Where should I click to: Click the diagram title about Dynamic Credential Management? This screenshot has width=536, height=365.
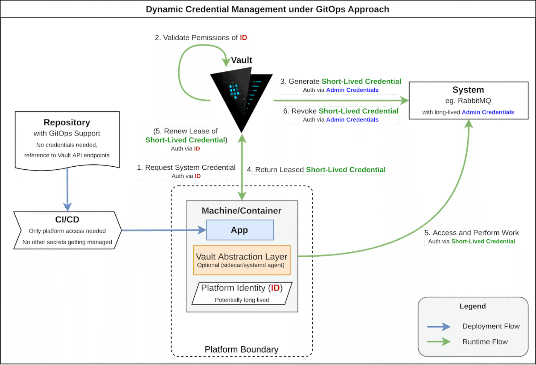click(x=267, y=9)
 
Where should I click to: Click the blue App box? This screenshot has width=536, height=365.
click(x=240, y=230)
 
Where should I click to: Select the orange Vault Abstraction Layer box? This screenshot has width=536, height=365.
click(x=242, y=260)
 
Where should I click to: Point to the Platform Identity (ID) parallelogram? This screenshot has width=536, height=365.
click(x=242, y=293)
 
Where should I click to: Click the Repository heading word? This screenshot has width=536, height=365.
click(x=67, y=122)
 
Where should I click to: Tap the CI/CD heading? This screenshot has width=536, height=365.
click(x=67, y=220)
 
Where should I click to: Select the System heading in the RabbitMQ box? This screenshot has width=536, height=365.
click(x=468, y=90)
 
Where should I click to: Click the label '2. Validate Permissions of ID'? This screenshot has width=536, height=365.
click(x=201, y=38)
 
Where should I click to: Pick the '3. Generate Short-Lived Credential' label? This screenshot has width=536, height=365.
click(x=341, y=81)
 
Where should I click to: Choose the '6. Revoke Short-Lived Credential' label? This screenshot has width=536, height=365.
click(x=341, y=111)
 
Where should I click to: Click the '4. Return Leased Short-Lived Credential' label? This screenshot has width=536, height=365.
click(x=316, y=170)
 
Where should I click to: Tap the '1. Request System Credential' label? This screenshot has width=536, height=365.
click(x=186, y=167)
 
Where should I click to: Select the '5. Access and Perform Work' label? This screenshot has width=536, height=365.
click(x=471, y=233)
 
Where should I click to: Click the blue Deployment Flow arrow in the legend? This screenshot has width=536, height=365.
click(x=439, y=327)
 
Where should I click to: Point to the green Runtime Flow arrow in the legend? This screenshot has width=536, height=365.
click(x=439, y=342)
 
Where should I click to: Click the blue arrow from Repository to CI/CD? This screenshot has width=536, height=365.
click(x=67, y=189)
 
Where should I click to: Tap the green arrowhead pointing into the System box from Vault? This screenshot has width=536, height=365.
click(x=404, y=100)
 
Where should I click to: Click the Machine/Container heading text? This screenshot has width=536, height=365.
click(x=241, y=211)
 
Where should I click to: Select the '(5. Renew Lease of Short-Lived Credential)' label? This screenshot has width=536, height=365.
click(x=186, y=136)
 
